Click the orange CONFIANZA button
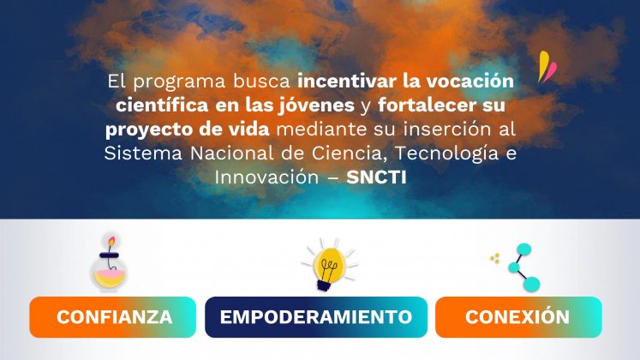(112, 317)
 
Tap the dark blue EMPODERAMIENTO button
(316, 317)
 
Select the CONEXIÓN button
(518, 317)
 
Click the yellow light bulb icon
(329, 265)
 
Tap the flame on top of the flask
(111, 241)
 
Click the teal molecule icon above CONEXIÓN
(523, 267)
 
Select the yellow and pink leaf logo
(547, 67)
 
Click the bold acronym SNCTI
(376, 177)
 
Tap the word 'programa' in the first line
(179, 81)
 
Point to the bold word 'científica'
(162, 105)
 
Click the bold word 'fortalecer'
(427, 105)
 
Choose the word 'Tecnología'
(446, 154)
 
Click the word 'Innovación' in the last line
(266, 177)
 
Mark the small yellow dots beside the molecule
(494, 258)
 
